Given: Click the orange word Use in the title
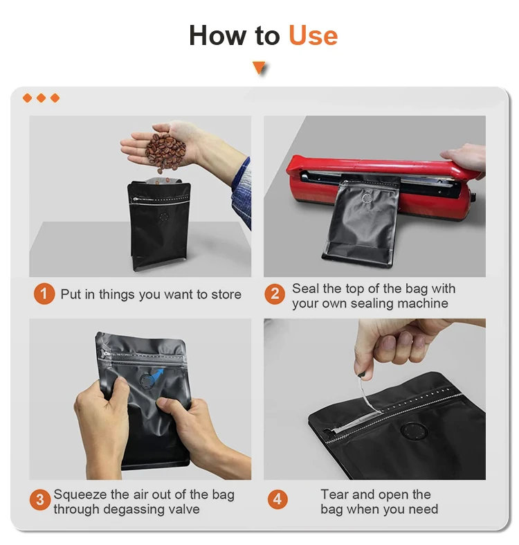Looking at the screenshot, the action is point(313,35).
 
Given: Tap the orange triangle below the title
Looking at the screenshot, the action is point(259,67).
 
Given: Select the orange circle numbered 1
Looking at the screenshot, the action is point(44,294).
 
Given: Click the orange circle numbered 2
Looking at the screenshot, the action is point(275,294).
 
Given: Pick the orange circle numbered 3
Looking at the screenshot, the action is point(40,500).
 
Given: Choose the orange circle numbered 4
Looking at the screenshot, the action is point(277,499).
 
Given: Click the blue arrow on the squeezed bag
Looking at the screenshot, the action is point(157,375).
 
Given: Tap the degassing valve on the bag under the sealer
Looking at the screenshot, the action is point(367,199).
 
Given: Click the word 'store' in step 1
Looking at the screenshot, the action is point(226,295).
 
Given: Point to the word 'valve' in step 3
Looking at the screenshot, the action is point(184,509).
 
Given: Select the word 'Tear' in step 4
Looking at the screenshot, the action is point(334,494).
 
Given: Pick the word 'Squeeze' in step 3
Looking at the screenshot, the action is point(80,495).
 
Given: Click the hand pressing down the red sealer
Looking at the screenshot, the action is point(465,157).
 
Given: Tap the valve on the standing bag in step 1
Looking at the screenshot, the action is point(163,217).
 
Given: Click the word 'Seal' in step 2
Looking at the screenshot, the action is point(305,289).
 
